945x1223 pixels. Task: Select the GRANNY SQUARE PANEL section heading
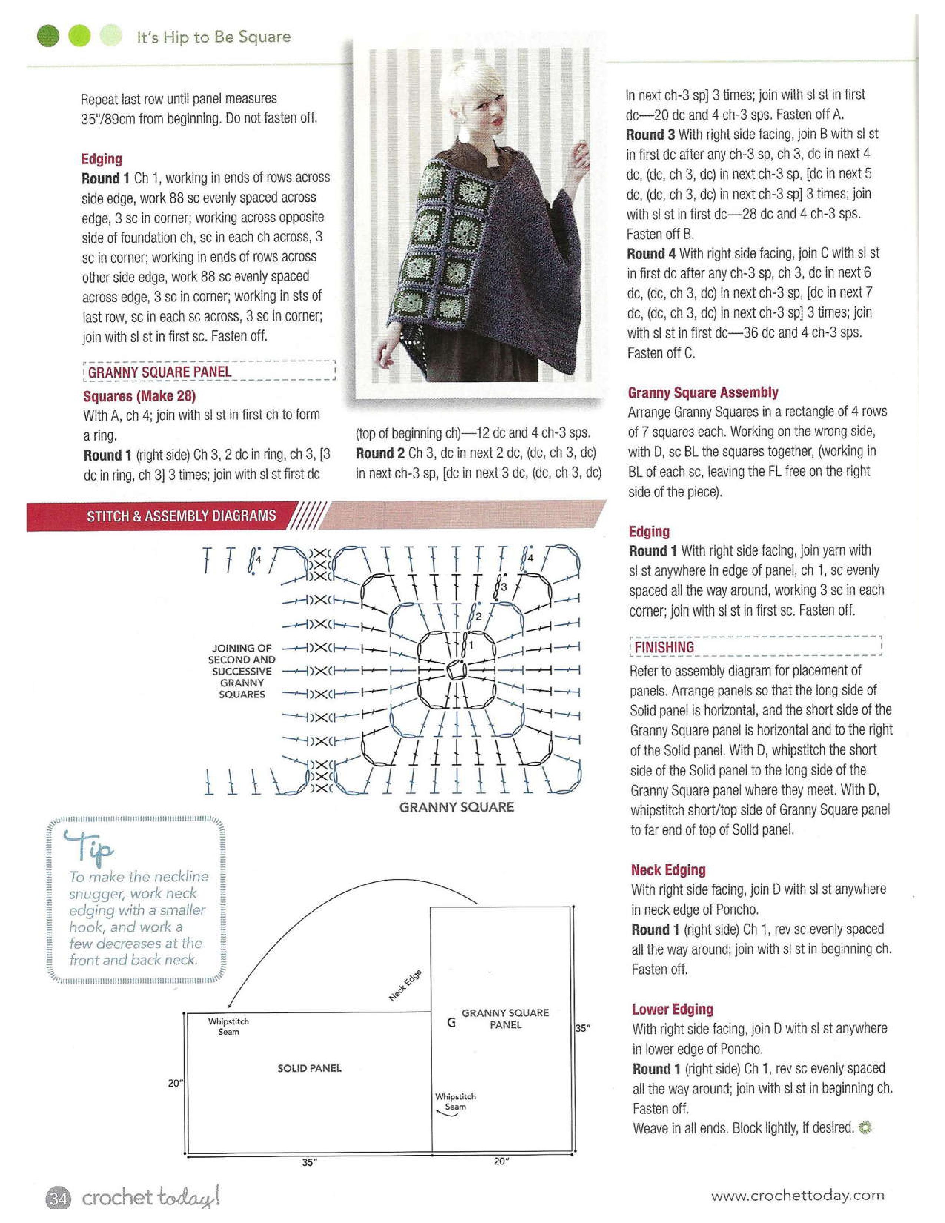(160, 372)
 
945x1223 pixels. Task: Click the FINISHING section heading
(664, 647)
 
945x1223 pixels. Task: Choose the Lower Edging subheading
(672, 1009)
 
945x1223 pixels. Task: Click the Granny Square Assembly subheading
(703, 392)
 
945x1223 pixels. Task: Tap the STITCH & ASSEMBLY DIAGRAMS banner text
(181, 516)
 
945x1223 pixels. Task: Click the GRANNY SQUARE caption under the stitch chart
(456, 807)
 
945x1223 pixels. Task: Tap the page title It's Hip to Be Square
(214, 37)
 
